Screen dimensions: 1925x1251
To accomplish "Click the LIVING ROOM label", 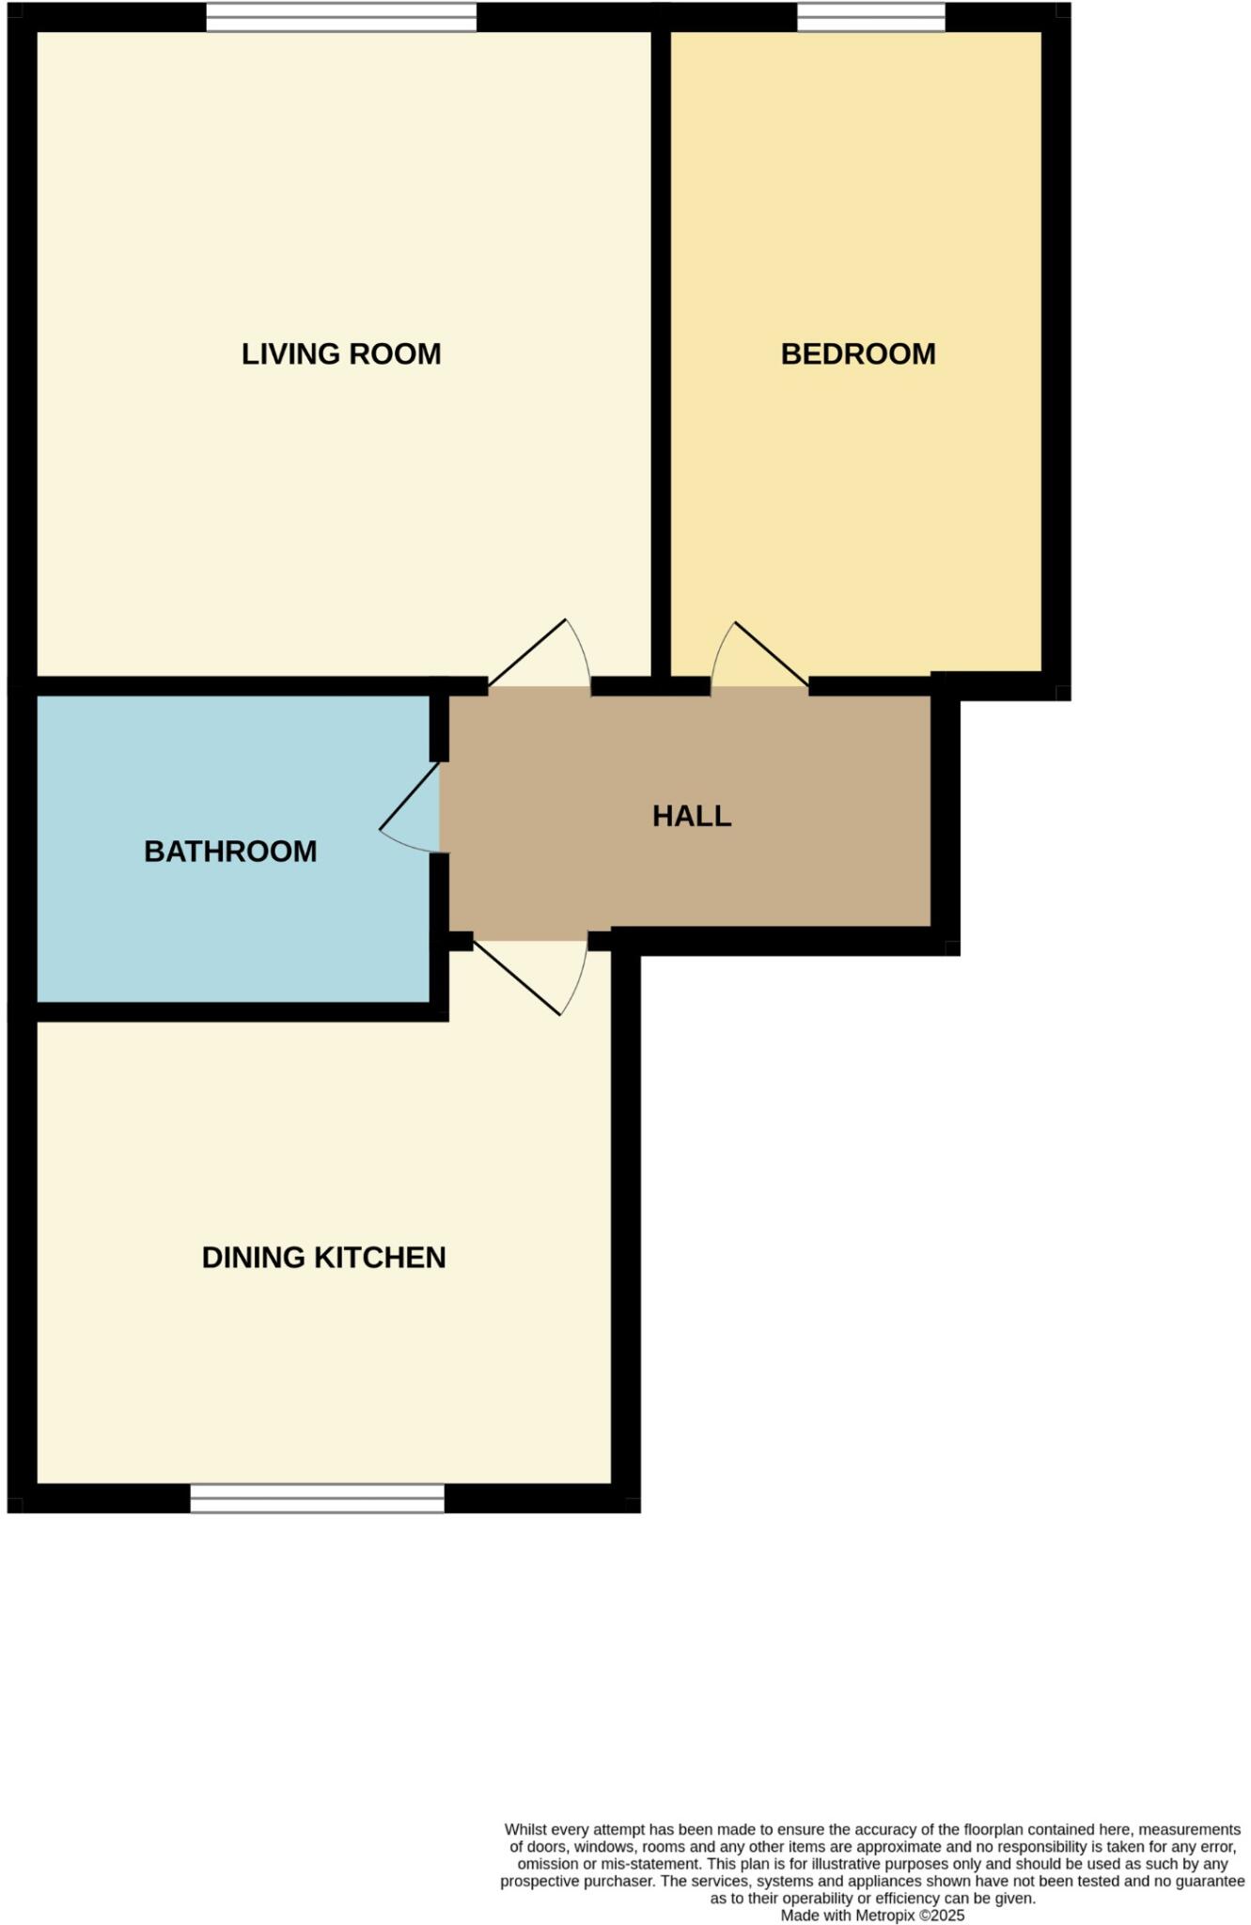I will pyautogui.click(x=341, y=354).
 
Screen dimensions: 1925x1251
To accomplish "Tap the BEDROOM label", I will pyautogui.click(x=858, y=354).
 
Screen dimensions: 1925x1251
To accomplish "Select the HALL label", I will pyautogui.click(x=692, y=816).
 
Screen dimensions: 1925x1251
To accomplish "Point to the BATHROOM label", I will pyautogui.click(x=230, y=852).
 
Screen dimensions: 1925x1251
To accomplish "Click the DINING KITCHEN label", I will pyautogui.click(x=323, y=1258).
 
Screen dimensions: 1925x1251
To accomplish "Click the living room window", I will pyautogui.click(x=341, y=17).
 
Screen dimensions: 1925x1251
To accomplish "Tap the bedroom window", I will pyautogui.click(x=871, y=17).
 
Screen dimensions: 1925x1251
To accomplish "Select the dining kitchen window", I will pyautogui.click(x=317, y=1498).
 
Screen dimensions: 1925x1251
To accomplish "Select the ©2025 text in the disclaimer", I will pyautogui.click(x=942, y=1916).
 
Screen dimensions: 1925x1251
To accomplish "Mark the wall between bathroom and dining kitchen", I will pyautogui.click(x=235, y=1011).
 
